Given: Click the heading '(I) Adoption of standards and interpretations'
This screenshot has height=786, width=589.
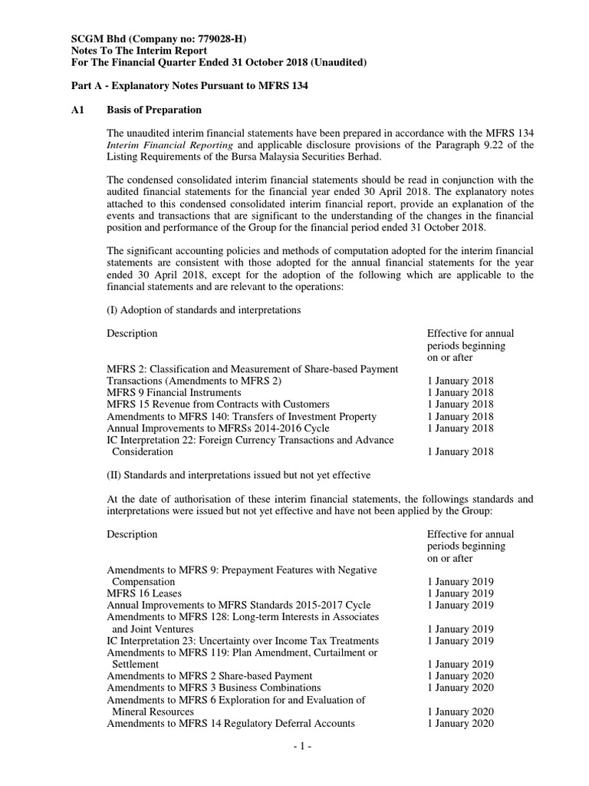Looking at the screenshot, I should coord(203,309).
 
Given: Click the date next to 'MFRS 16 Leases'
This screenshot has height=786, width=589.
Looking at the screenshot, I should coord(460,593).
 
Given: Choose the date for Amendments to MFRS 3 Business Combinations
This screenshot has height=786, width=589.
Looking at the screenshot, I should coord(460,688).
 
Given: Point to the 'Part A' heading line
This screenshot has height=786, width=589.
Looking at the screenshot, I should coord(189,86).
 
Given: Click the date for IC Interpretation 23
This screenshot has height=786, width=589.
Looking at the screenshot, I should coord(460,640).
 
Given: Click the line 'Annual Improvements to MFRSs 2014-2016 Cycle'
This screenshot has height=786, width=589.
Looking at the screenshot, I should coord(218,428).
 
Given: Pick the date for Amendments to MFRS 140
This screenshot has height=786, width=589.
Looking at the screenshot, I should coord(460,416).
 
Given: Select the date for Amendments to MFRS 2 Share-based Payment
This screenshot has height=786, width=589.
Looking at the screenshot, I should coord(460,675).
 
